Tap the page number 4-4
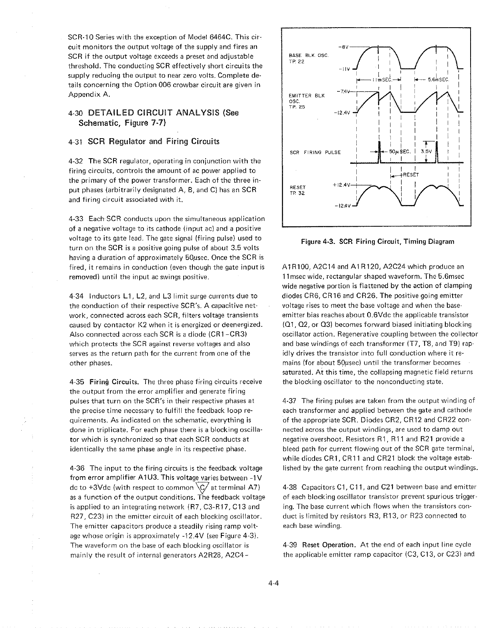click(274, 582)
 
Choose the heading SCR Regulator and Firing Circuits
click(154, 141)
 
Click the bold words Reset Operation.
click(327, 545)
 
